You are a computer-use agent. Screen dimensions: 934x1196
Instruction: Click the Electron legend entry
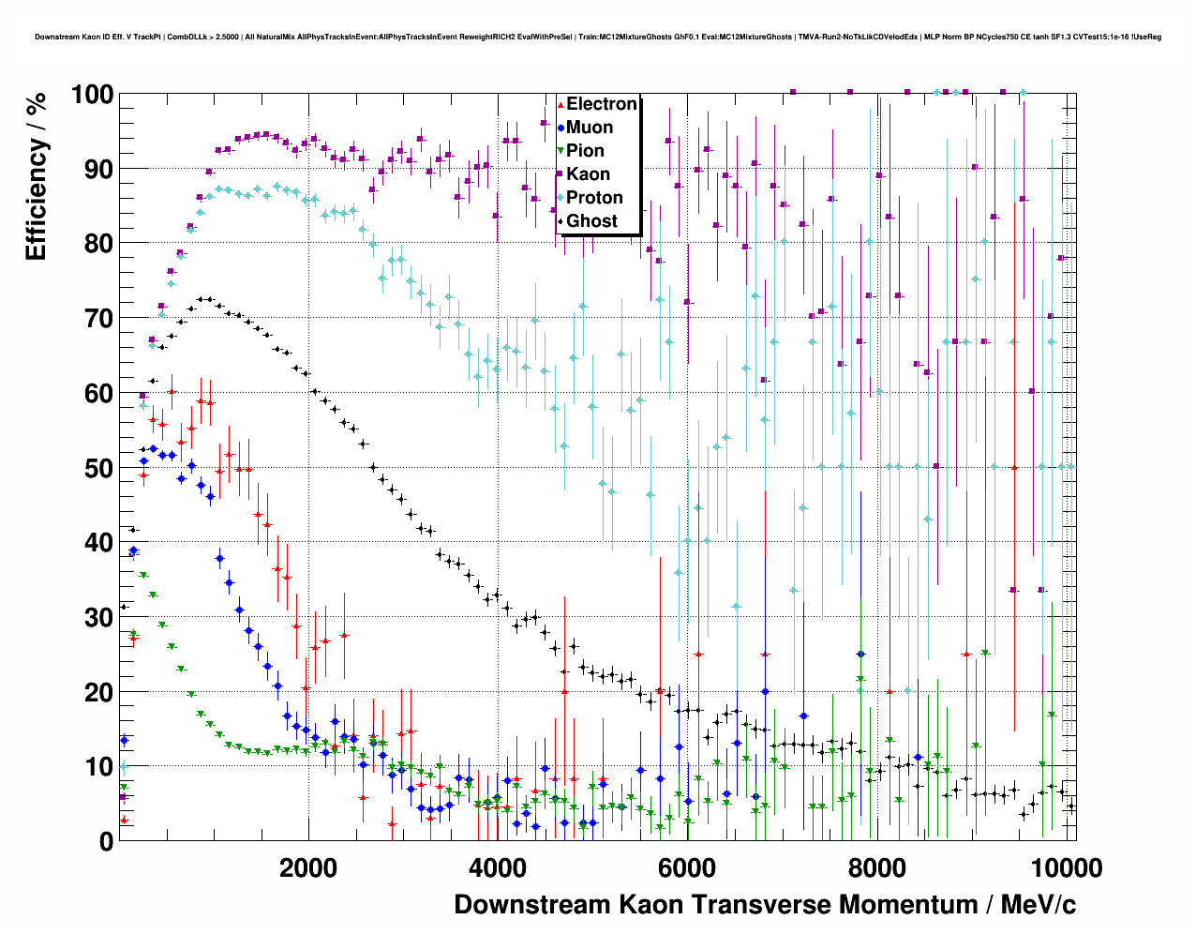601,104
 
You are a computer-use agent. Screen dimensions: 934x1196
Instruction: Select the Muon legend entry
589,128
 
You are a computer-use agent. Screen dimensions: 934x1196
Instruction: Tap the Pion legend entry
585,151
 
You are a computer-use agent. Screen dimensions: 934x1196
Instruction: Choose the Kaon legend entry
588,174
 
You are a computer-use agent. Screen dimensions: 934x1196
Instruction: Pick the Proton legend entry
594,198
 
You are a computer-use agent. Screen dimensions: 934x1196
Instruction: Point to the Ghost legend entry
591,221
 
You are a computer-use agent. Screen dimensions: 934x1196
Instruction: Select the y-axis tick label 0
106,842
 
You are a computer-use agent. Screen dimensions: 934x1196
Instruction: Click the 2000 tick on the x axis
307,868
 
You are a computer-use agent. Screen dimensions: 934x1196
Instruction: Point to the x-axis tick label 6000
687,868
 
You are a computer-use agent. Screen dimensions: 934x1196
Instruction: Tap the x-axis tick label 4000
497,868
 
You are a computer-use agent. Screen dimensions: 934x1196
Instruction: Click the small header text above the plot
598,38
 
